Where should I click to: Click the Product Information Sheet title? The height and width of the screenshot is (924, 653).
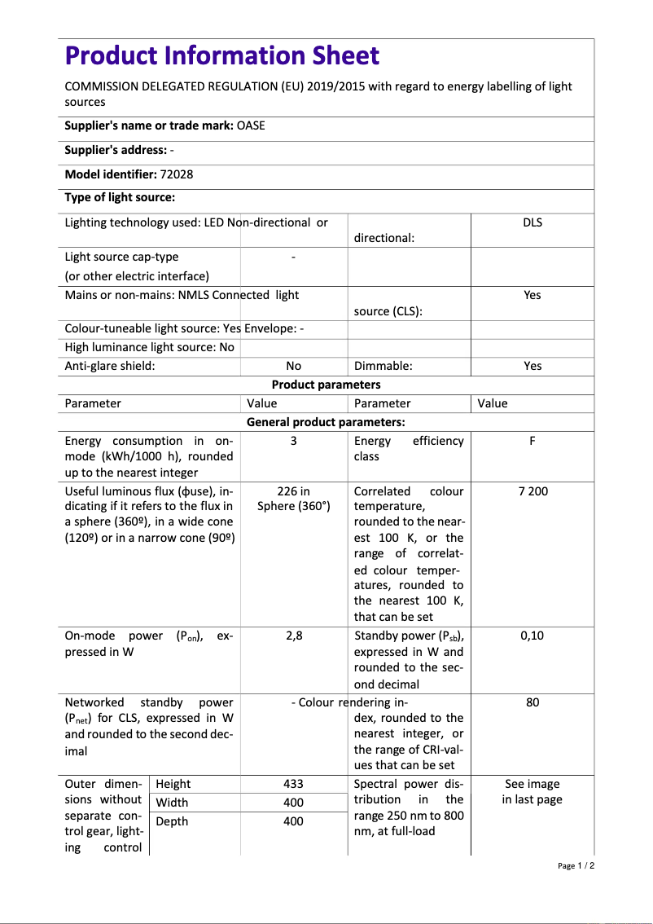click(221, 55)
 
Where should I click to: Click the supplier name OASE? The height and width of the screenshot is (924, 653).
click(251, 125)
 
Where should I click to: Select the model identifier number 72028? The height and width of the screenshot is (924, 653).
click(177, 174)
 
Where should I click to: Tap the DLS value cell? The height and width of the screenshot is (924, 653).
click(532, 222)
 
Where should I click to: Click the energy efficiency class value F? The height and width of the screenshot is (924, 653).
click(532, 441)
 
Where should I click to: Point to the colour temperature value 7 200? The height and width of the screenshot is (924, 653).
click(532, 491)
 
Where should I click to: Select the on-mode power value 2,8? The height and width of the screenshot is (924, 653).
click(293, 636)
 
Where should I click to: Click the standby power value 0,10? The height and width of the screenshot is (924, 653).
click(532, 636)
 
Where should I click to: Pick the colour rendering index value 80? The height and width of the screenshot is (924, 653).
click(532, 702)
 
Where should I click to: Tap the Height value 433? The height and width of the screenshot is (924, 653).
click(293, 784)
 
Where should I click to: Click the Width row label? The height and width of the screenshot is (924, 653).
click(172, 803)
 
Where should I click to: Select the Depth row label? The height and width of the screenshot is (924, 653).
click(172, 821)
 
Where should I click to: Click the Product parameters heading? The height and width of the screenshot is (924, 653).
click(326, 385)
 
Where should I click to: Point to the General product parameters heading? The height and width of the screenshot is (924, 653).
click(326, 422)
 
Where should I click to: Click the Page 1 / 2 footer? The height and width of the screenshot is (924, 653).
click(576, 866)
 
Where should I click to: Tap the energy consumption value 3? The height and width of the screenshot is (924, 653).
click(293, 441)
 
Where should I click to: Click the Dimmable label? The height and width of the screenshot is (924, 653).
click(383, 366)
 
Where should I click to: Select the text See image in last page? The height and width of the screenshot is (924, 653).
click(532, 791)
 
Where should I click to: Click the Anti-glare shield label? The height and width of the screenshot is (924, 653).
click(110, 366)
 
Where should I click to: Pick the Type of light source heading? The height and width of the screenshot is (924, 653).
click(120, 197)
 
